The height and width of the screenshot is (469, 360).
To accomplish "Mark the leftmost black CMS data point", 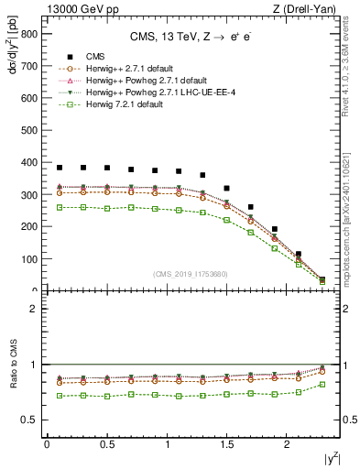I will (x=60, y=168).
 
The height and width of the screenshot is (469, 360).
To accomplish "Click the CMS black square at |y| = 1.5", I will (x=227, y=188).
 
